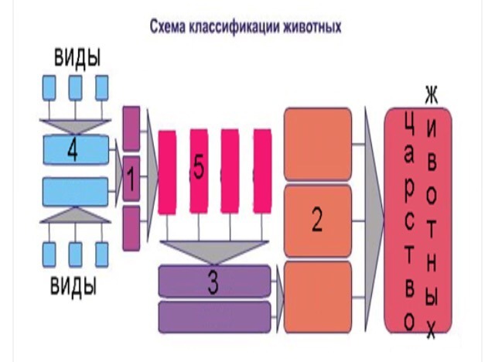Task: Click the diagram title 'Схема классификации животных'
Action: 246,26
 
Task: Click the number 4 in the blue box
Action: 73,149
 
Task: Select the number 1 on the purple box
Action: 131,182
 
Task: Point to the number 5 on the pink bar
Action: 199,170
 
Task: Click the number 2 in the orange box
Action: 317,220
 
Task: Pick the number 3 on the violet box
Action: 213,282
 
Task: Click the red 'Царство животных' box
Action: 418,220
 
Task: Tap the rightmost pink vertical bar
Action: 263,170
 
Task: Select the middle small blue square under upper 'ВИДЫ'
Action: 75,88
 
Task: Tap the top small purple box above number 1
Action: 131,127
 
